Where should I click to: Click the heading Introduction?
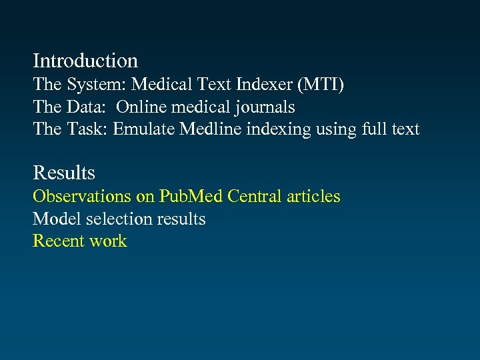click(85, 61)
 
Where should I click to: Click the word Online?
click(143, 107)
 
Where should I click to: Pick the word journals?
click(263, 108)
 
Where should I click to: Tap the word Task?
click(87, 129)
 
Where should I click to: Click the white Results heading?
click(64, 173)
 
